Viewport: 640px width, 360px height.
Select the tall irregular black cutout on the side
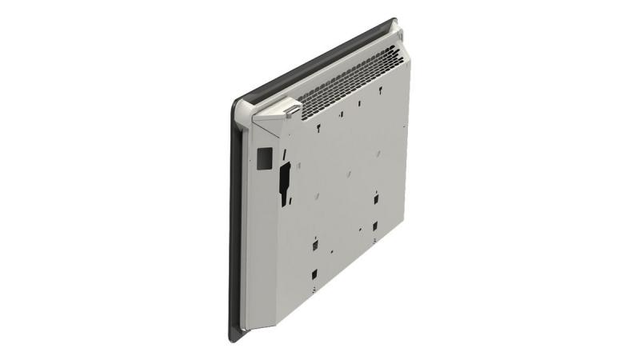(283, 178)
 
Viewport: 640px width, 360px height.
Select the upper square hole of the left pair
(315, 240)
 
